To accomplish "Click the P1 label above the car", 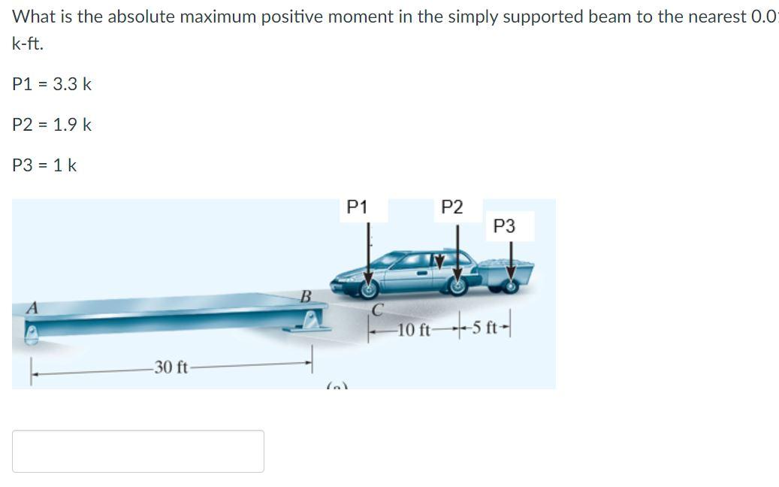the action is [x=358, y=207].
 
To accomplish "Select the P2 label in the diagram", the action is [x=451, y=207].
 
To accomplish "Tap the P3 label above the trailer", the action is [x=505, y=226].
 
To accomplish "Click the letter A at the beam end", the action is [x=32, y=307].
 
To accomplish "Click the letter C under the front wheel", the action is [x=378, y=308].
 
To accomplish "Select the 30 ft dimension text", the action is [x=171, y=367].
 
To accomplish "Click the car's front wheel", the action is [x=369, y=286].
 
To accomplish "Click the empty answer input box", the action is [x=138, y=451].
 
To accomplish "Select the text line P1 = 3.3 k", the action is [x=53, y=84].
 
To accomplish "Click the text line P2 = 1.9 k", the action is [x=53, y=125].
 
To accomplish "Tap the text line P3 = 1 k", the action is [x=45, y=165].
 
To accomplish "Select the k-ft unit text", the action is [x=28, y=44].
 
